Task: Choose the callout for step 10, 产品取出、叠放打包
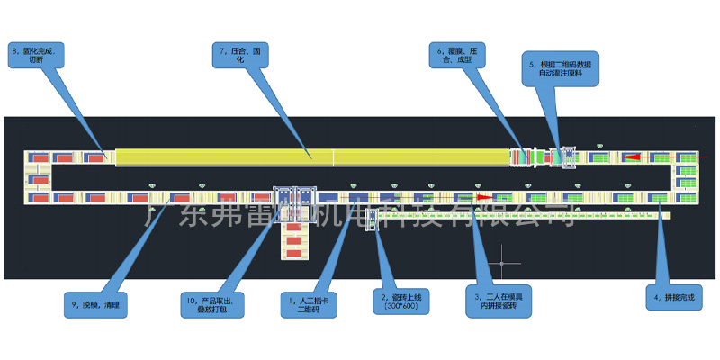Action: click(x=208, y=305)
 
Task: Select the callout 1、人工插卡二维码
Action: click(x=307, y=305)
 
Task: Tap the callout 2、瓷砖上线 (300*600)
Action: click(x=401, y=301)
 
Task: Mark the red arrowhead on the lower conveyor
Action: click(x=483, y=196)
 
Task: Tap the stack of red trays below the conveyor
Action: click(x=294, y=236)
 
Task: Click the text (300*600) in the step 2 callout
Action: click(x=401, y=307)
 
